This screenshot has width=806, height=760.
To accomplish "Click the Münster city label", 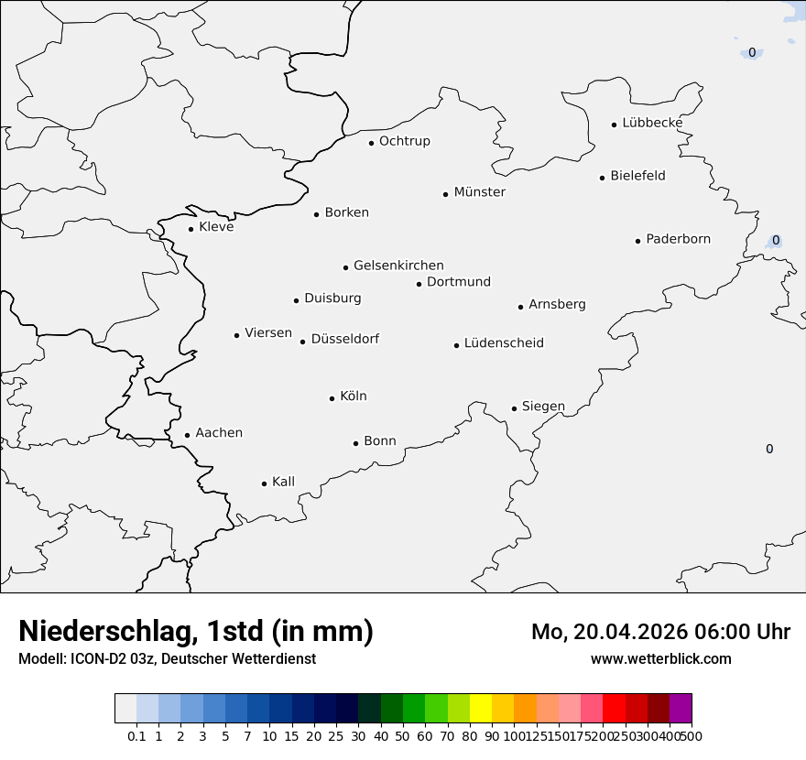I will [480, 192].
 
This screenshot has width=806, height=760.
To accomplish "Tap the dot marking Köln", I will [332, 398].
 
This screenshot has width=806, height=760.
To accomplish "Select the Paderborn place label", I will [678, 239].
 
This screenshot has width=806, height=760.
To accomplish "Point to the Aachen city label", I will [219, 433].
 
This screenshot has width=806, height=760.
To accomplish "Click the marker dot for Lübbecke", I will [615, 125].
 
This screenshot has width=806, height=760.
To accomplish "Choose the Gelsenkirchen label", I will [398, 266].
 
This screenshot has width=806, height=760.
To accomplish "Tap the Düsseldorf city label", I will [345, 339].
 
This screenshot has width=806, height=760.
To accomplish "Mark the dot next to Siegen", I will [515, 408].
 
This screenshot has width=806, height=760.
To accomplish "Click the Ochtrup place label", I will [404, 141].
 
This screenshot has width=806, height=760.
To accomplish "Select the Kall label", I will [284, 482].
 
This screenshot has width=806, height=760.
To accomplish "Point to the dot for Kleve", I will [191, 229].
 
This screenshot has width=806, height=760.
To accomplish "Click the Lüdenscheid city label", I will [504, 343].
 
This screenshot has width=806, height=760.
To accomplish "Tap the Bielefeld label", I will [637, 176].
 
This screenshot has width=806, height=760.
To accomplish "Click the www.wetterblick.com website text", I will [660, 659].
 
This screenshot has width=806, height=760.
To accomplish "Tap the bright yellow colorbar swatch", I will [481, 709].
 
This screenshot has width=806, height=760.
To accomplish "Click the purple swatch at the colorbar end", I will [681, 709].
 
